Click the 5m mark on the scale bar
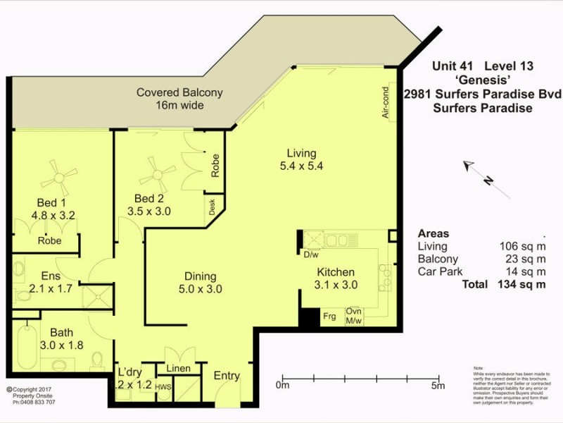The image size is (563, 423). [438, 386]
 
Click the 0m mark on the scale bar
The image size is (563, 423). [282, 386]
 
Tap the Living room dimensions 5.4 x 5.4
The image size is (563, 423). [301, 166]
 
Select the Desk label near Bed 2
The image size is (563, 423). [211, 206]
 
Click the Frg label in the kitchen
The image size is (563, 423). [329, 316]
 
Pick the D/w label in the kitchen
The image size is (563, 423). [310, 254]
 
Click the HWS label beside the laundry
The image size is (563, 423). [163, 386]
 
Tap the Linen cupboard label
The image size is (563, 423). [179, 369]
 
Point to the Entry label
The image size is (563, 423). [227, 376]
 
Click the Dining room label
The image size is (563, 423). [200, 276]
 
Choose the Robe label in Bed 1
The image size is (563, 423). [49, 240]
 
